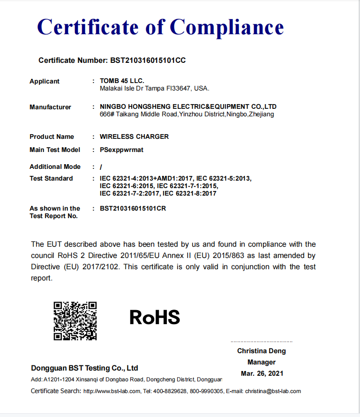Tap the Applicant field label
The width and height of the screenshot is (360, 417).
[45, 81]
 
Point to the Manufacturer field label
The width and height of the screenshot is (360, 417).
[50, 107]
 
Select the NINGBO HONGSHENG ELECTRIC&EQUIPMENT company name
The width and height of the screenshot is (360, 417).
[188, 106]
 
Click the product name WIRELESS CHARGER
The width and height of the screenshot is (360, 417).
[134, 136]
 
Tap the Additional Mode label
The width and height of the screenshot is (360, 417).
[55, 167]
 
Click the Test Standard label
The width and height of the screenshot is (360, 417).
[51, 178]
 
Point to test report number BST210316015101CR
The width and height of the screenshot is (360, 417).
[133, 208]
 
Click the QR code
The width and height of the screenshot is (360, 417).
[75, 321]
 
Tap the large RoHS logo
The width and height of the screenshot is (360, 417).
[155, 318]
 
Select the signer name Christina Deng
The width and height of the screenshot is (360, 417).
[261, 351]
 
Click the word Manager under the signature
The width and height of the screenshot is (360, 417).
[262, 362]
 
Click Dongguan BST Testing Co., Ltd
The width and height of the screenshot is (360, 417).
[84, 368]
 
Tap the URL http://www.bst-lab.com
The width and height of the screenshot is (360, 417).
[112, 391]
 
